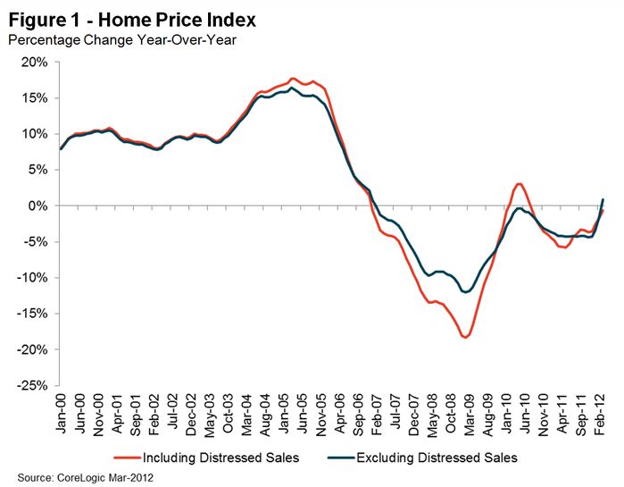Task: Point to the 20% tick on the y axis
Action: [37, 62]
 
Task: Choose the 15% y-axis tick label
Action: [37, 97]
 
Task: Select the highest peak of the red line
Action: [294, 79]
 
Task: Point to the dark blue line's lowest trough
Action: [465, 291]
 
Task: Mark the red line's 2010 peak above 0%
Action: [519, 183]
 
